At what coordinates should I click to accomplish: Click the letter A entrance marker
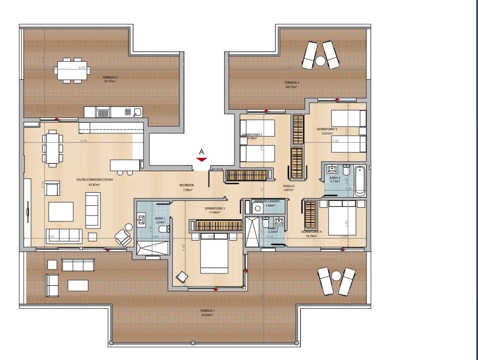[201, 152]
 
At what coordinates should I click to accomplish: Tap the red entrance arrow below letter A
[201, 159]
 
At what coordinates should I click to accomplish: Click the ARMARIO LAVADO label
[267, 201]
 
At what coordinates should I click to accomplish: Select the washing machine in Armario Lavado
[258, 208]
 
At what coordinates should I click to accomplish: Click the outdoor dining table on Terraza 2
[72, 70]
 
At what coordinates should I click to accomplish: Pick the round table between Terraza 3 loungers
[320, 61]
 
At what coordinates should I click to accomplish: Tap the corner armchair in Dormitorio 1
[182, 277]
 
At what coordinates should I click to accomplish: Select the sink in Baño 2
[278, 222]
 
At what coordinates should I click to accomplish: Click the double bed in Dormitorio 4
[342, 219]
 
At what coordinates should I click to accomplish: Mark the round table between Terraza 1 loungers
[336, 276]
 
